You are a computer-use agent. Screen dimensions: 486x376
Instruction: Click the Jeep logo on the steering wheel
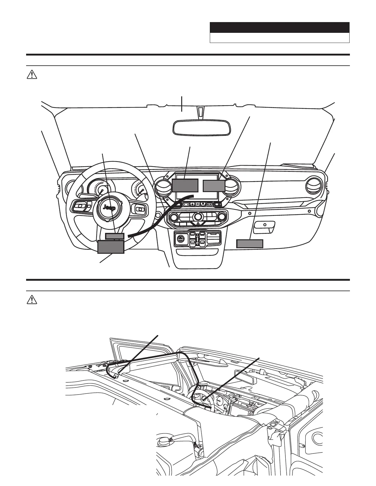tap(110, 208)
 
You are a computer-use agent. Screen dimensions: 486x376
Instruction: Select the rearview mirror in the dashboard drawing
tap(202, 127)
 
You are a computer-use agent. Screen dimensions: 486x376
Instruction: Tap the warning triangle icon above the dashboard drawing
tap(32, 75)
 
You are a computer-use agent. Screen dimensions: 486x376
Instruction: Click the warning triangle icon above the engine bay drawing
tap(32, 300)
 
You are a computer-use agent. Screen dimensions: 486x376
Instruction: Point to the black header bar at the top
tap(280, 28)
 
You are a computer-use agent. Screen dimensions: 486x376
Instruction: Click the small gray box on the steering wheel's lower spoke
tap(115, 236)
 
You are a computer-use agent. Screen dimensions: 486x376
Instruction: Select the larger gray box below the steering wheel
tap(111, 247)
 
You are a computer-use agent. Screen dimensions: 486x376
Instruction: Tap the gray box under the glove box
tap(250, 244)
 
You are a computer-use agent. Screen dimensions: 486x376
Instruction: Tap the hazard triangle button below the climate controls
tap(198, 224)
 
